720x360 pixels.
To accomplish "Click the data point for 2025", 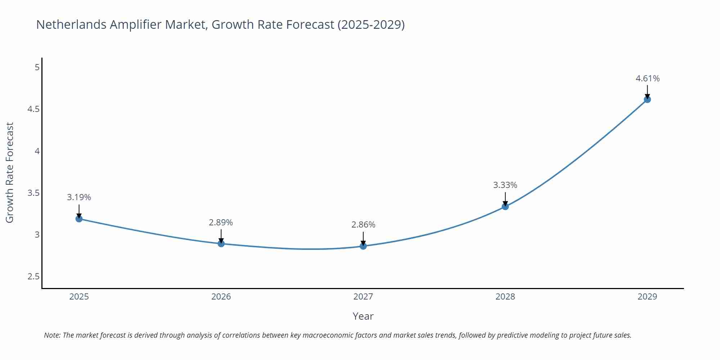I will click(x=79, y=219).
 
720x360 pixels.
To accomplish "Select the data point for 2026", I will click(x=221, y=244).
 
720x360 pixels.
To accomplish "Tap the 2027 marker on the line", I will click(x=363, y=246).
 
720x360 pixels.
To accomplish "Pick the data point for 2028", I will click(x=505, y=207).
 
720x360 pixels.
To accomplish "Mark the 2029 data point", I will click(x=647, y=99).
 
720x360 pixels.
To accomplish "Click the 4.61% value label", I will click(x=647, y=78).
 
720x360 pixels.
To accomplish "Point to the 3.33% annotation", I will click(x=505, y=185).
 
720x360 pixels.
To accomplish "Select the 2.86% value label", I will click(x=363, y=225).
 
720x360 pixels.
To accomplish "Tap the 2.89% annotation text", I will click(x=221, y=222).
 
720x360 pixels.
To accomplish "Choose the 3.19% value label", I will click(x=79, y=197).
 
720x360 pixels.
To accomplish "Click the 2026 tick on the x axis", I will click(x=221, y=297).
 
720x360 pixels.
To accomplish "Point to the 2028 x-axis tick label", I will click(x=505, y=297).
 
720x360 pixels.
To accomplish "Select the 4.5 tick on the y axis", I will click(x=33, y=109).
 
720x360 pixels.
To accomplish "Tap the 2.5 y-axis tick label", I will click(x=33, y=276).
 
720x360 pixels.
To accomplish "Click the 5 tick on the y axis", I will click(x=37, y=67).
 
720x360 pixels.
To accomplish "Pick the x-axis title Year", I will click(x=363, y=316).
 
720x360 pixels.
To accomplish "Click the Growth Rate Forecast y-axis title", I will click(x=10, y=172).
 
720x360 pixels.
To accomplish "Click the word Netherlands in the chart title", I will click(x=71, y=24).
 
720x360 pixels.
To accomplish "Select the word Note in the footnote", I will click(x=52, y=335).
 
